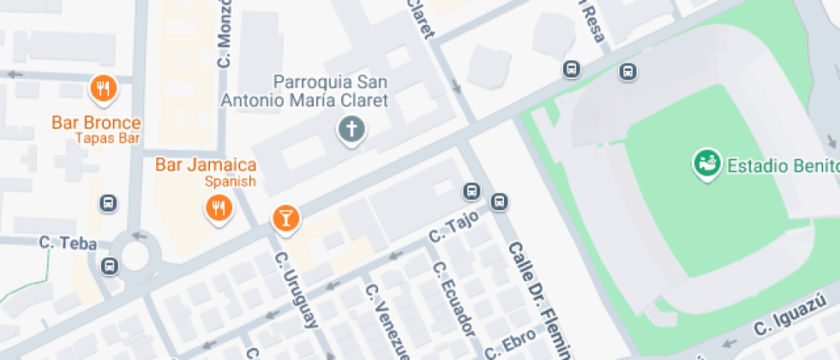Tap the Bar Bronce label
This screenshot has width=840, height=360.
click(96, 123)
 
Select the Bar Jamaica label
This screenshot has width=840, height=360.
click(206, 165)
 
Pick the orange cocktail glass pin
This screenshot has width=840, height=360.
click(286, 218)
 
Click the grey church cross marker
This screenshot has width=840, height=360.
click(351, 130)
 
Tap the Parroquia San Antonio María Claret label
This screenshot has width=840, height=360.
click(305, 91)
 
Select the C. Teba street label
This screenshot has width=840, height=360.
click(59, 243)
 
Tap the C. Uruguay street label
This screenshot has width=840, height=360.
click(297, 290)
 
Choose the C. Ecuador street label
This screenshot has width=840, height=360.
click(453, 297)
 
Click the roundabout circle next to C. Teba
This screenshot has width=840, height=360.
click(135, 255)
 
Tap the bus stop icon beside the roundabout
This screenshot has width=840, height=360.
click(109, 266)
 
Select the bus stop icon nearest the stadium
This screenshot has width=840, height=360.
click(628, 72)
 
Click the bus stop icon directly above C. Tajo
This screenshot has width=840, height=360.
click(471, 190)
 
